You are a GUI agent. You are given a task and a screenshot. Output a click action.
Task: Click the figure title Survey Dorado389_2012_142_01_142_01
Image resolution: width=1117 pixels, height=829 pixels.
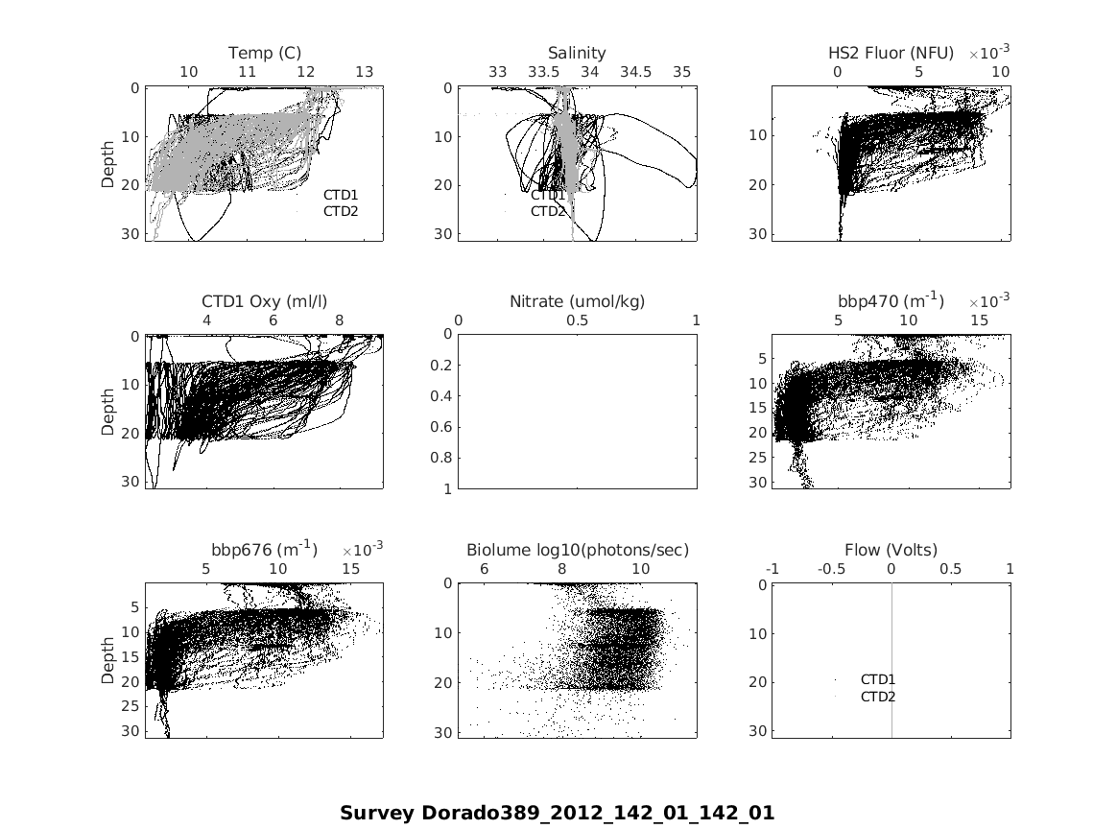tap(557, 814)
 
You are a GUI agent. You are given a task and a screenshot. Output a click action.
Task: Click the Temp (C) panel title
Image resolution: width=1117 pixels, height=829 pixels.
tap(265, 53)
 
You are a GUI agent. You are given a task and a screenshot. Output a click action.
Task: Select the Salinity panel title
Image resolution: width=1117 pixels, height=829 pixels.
tap(577, 53)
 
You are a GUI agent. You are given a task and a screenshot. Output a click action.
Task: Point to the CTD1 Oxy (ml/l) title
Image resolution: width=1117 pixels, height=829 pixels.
tap(265, 301)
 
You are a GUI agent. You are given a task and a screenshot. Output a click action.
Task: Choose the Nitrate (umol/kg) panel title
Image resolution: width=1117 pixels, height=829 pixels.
tap(577, 301)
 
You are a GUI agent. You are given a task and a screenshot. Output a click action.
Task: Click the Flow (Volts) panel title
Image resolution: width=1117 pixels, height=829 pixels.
tap(891, 550)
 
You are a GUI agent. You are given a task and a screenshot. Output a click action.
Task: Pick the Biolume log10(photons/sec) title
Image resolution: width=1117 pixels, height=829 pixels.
tap(578, 550)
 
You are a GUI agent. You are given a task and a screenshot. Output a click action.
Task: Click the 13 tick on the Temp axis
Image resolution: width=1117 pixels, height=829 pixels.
tap(365, 72)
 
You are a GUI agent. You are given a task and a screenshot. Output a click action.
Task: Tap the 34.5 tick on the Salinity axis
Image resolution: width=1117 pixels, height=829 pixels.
tap(635, 72)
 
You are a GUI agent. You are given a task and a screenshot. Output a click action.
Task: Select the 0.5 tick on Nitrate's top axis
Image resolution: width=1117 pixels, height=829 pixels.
tap(578, 320)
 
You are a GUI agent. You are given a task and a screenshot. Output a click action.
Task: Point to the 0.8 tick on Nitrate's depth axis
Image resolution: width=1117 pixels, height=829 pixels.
tap(442, 459)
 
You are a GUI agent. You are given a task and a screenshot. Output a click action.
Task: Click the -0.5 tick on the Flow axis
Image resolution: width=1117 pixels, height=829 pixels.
tap(832, 569)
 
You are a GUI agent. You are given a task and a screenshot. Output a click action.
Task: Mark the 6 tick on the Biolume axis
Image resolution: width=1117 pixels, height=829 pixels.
tap(484, 569)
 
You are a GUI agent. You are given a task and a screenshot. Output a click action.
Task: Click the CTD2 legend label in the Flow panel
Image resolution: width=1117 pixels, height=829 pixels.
tap(878, 697)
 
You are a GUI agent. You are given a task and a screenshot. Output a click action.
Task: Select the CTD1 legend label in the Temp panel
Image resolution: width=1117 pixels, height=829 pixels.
tap(341, 195)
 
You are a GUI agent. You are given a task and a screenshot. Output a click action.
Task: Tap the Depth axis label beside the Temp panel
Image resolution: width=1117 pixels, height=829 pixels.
tap(108, 163)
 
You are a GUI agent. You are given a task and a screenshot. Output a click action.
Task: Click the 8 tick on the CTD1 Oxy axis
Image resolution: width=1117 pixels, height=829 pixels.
tap(339, 320)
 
